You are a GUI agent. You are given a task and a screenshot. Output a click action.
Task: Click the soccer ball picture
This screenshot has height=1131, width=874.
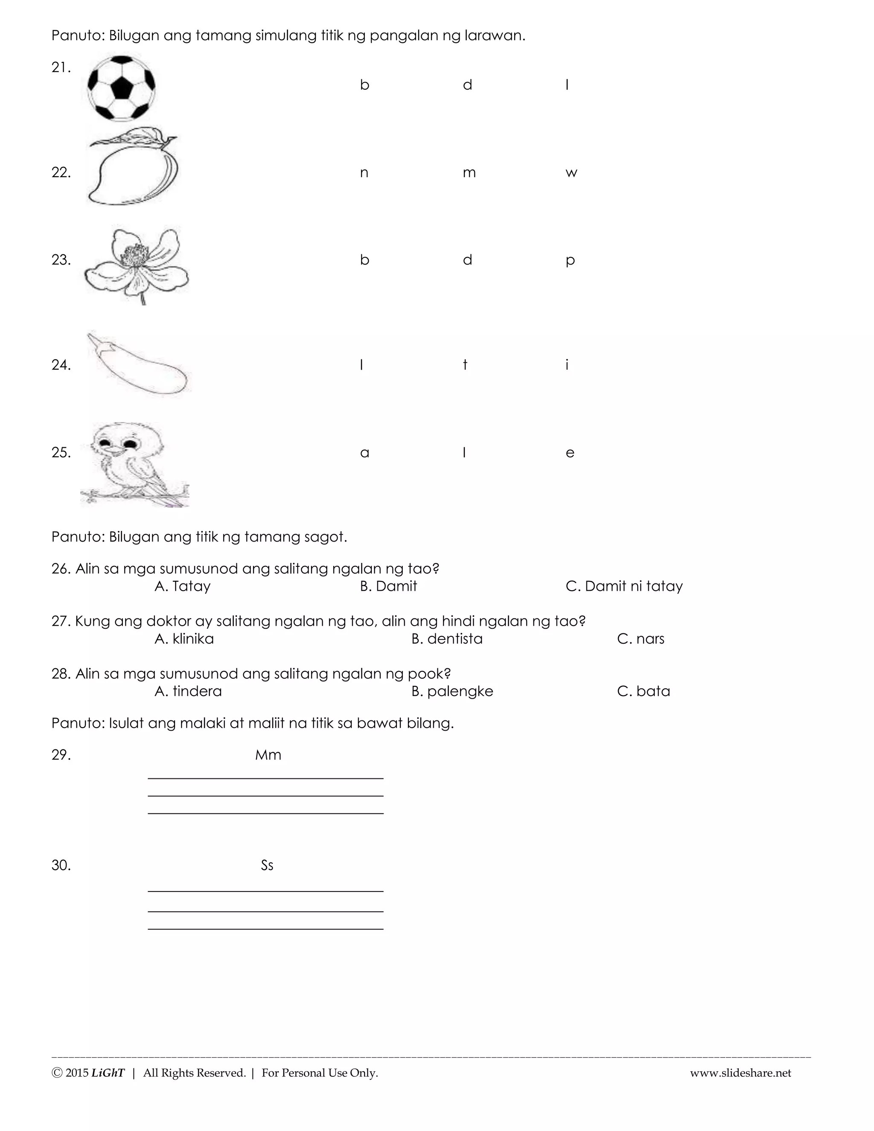click(x=121, y=88)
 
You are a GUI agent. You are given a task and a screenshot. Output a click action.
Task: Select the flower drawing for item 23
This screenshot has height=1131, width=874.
click(x=137, y=264)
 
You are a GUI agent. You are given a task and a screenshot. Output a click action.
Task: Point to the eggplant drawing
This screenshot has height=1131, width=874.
click(x=138, y=364)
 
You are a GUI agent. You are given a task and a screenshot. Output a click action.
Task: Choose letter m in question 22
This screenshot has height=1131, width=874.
click(x=469, y=173)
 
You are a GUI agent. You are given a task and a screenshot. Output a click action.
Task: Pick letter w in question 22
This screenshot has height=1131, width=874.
click(x=571, y=173)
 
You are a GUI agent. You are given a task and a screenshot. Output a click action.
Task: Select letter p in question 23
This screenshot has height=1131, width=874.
click(x=570, y=260)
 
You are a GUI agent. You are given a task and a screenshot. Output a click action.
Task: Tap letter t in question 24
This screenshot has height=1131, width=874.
click(x=465, y=365)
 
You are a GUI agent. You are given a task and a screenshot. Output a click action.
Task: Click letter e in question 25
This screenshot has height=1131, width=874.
click(x=570, y=453)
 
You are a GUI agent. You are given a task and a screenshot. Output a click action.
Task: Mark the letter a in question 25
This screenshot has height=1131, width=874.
click(x=364, y=453)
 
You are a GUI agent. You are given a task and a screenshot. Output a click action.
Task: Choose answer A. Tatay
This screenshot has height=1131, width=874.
click(x=183, y=586)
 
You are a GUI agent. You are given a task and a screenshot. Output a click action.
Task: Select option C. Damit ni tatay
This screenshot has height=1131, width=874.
click(x=624, y=586)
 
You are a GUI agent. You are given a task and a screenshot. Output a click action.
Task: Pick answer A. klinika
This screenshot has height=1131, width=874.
click(x=184, y=639)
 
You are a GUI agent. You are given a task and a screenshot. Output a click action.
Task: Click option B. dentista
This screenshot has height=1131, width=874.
click(x=447, y=639)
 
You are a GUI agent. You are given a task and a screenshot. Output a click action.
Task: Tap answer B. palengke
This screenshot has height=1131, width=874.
click(x=452, y=692)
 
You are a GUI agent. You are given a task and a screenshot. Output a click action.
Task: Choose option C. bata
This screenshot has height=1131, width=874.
click(x=644, y=691)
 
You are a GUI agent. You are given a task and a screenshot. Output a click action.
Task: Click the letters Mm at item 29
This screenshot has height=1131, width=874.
click(x=268, y=755)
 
